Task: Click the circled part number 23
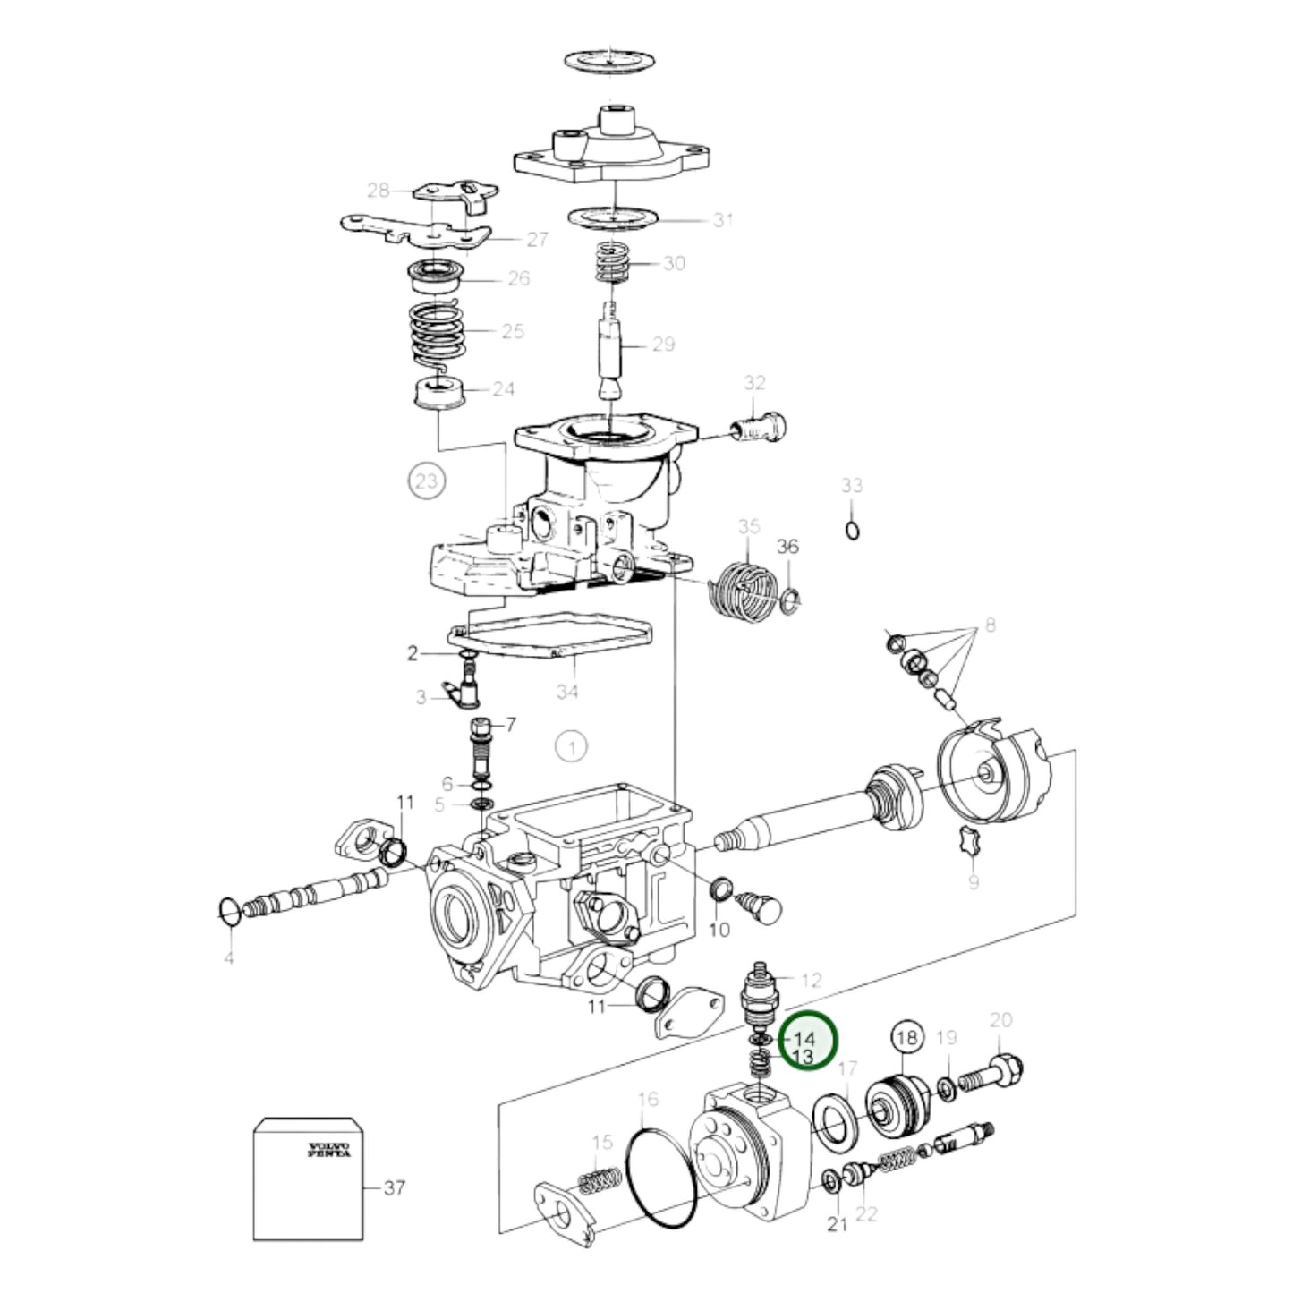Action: tap(427, 481)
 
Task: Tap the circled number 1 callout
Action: tap(571, 746)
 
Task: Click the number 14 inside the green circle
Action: tap(804, 1059)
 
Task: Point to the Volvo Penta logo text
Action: tap(328, 1150)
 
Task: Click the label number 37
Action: tap(395, 1188)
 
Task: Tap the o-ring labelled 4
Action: tap(229, 911)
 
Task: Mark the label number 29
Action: tap(664, 345)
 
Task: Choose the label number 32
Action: tap(755, 383)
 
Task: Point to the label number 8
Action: tap(991, 625)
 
